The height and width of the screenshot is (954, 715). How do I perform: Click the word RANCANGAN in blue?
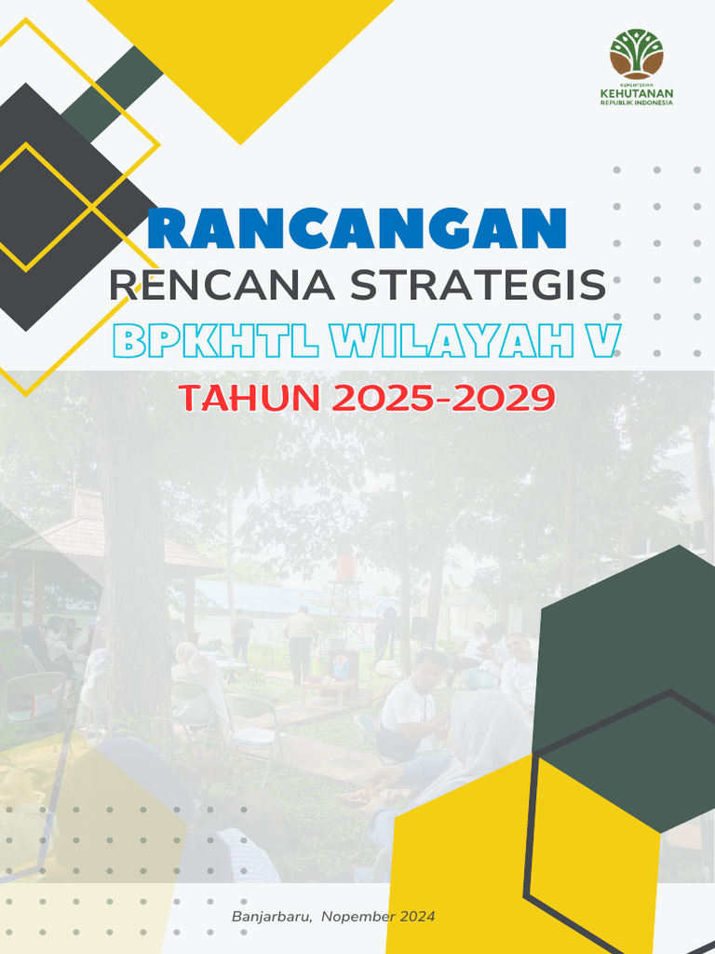click(357, 229)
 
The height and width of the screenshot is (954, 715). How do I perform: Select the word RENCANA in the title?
click(223, 285)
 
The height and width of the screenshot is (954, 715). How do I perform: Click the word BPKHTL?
click(216, 342)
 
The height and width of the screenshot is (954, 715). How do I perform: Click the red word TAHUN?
click(248, 398)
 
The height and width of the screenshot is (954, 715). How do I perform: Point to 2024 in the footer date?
click(418, 917)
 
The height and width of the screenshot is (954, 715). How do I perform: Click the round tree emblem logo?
click(637, 53)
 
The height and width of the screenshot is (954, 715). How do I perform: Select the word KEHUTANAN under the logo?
click(637, 94)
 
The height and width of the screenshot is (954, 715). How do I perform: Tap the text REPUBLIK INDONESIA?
click(637, 103)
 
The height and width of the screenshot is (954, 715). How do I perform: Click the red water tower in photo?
click(345, 568)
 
